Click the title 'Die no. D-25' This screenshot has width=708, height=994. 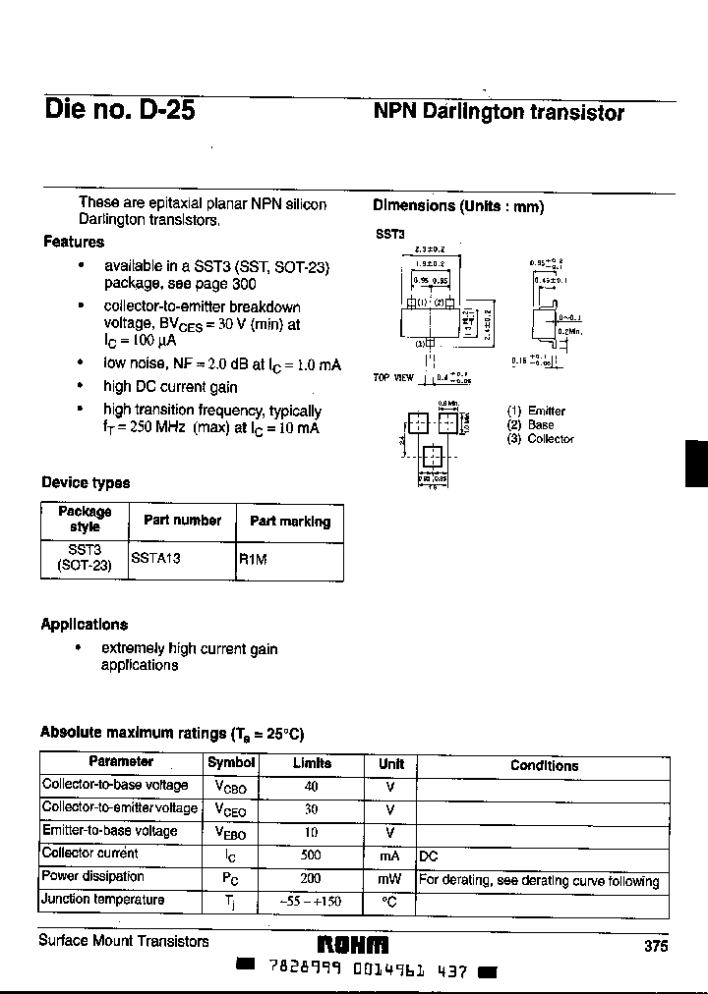tap(119, 110)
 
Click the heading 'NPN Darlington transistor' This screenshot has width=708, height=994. tap(499, 112)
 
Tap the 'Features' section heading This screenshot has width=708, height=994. tap(74, 242)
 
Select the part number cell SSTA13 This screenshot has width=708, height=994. tap(156, 557)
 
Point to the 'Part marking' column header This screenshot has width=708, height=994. tap(290, 522)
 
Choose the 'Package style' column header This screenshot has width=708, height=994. tap(85, 520)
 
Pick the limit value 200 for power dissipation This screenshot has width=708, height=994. tap(312, 878)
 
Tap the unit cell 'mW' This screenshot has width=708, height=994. tap(390, 879)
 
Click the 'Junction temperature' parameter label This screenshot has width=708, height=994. tap(102, 900)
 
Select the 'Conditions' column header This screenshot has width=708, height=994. tap(544, 765)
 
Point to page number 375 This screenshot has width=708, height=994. tap(656, 946)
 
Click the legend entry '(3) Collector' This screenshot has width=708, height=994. tap(540, 439)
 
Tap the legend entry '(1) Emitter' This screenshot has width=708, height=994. tap(536, 411)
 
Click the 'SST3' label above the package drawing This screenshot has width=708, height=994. tap(388, 236)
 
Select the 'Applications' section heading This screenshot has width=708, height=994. tap(85, 625)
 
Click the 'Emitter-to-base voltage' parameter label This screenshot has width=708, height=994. tap(109, 831)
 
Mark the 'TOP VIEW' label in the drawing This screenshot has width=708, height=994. tap(393, 377)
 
